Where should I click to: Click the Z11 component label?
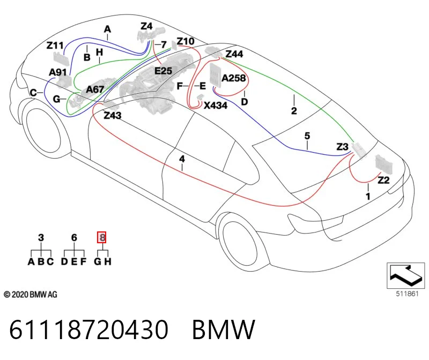click(x=55, y=46)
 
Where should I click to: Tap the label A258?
click(x=233, y=78)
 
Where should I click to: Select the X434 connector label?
click(x=216, y=106)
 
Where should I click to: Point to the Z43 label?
click(x=113, y=116)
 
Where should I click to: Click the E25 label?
click(x=164, y=71)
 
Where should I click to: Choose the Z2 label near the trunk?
click(x=383, y=180)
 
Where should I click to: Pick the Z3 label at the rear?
click(x=342, y=147)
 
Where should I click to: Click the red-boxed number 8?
click(x=102, y=237)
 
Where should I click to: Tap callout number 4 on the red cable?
click(x=182, y=159)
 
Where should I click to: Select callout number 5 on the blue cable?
click(x=307, y=136)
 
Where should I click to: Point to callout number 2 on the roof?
click(x=294, y=111)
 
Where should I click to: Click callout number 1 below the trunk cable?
click(x=368, y=196)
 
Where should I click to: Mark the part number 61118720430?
click(x=88, y=329)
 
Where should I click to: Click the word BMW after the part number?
click(x=224, y=329)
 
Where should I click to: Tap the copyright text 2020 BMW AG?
click(x=31, y=295)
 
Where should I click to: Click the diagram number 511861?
click(x=407, y=294)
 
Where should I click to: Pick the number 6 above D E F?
click(x=74, y=237)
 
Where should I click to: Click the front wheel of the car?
click(x=43, y=132)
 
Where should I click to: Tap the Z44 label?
click(x=234, y=54)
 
